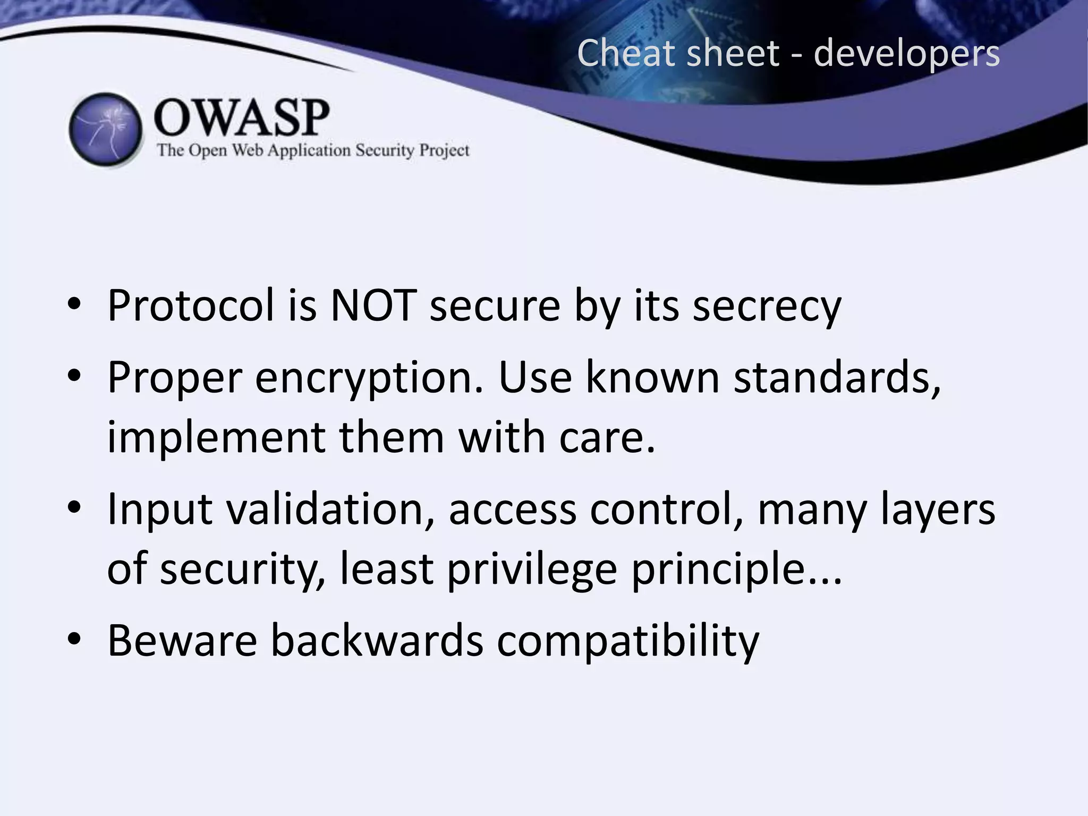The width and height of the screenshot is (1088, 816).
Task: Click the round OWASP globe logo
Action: pyautogui.click(x=106, y=130)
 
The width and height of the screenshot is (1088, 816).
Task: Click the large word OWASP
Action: pyautogui.click(x=242, y=117)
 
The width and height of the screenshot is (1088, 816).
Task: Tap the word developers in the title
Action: pyautogui.click(x=906, y=54)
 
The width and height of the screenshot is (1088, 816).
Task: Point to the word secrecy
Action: pyautogui.click(x=767, y=307)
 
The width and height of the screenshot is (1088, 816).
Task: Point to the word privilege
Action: pyautogui.click(x=531, y=570)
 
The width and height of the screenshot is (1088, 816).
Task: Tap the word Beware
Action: pyautogui.click(x=182, y=640)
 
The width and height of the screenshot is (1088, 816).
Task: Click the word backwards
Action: pyautogui.click(x=377, y=640)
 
